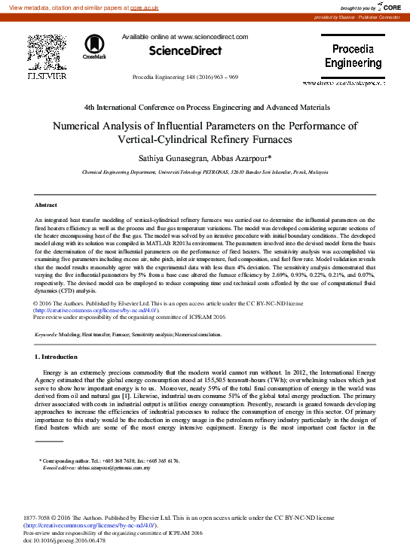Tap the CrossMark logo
click(x=94, y=46)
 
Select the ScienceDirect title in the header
click(x=185, y=51)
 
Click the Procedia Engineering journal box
click(x=353, y=56)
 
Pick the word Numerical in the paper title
click(x=80, y=127)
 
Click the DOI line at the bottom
click(x=65, y=539)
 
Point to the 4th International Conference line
click(x=204, y=108)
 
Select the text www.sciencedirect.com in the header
click(x=213, y=36)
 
